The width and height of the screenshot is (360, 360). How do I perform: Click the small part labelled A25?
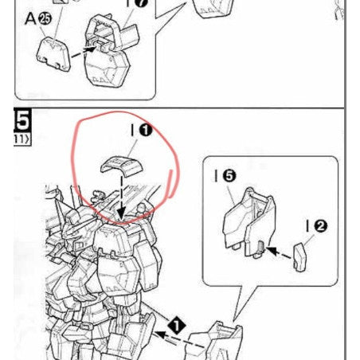[x=53, y=54]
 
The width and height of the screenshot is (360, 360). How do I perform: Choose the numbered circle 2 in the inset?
[x=319, y=226]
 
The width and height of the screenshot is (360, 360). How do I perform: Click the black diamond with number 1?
[x=176, y=324]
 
